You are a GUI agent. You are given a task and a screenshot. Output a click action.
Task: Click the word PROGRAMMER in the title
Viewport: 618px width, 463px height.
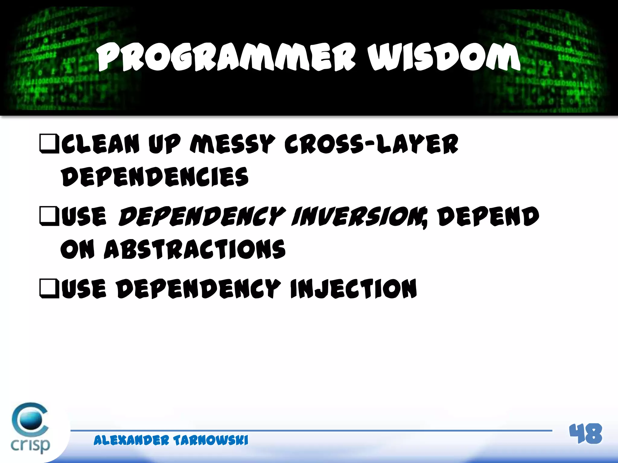tap(226, 57)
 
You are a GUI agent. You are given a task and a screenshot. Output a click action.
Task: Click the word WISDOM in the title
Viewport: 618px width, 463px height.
tap(444, 57)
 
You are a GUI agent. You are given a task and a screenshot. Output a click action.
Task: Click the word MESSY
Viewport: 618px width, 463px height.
tap(232, 144)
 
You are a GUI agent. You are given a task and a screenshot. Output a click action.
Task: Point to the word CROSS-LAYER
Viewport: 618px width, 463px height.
tap(371, 144)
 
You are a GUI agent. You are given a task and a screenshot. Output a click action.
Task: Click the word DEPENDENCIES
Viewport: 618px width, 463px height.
tap(155, 177)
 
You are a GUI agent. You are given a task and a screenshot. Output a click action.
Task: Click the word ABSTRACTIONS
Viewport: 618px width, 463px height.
tap(195, 249)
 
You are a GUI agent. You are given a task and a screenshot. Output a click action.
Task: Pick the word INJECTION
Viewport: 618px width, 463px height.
tap(353, 289)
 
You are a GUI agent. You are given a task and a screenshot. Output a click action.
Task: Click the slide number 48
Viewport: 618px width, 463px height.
tap(585, 434)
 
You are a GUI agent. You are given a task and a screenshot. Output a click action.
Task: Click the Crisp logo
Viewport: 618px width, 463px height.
tap(30, 428)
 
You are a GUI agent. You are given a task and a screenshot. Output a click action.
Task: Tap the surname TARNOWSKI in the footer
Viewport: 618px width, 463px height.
tap(211, 440)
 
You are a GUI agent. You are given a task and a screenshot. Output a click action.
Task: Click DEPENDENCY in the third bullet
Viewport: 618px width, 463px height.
tap(199, 289)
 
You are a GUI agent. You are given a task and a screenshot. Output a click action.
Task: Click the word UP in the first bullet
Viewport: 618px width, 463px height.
tap(164, 144)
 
